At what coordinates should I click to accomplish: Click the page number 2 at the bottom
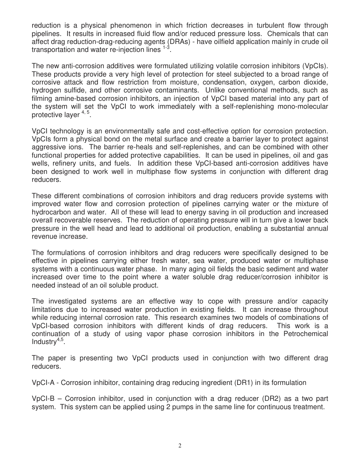[180, 446]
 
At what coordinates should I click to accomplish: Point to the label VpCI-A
[44, 383]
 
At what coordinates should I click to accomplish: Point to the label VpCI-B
[44, 399]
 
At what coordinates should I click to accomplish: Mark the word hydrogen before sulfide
[46, 90]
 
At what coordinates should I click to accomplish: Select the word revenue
[45, 237]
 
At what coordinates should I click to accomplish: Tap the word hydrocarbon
[50, 212]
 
